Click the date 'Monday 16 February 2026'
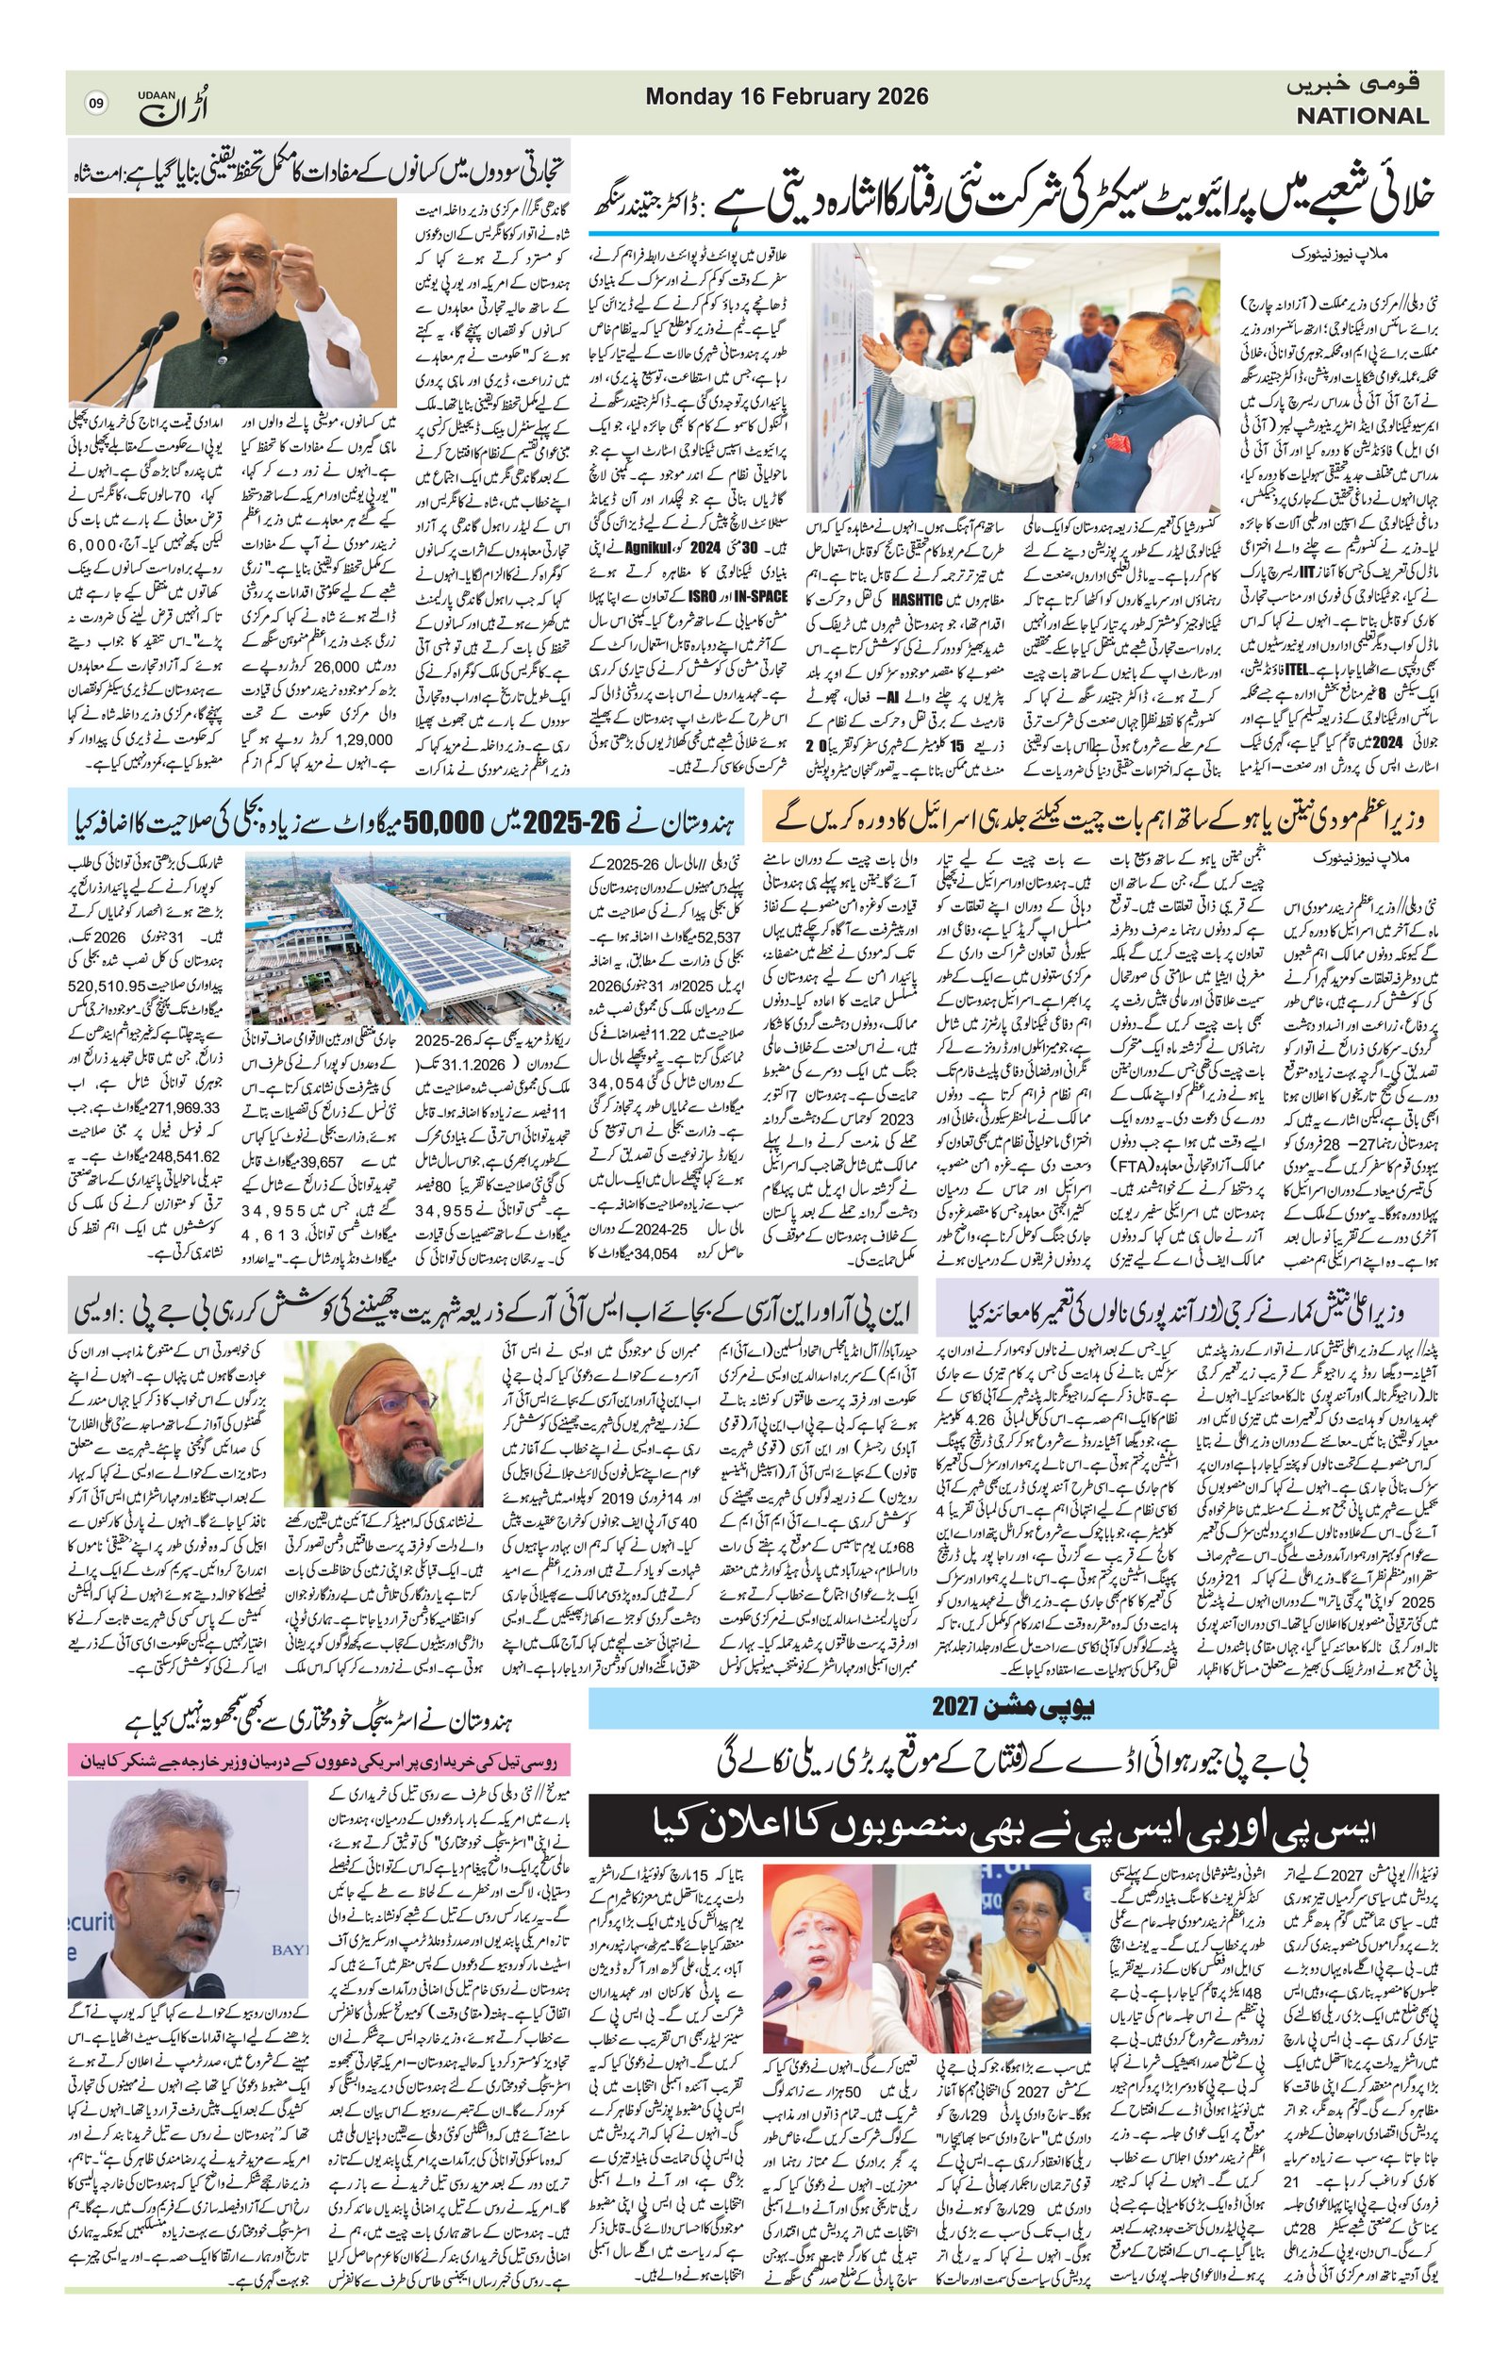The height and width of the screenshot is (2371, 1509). (x=787, y=96)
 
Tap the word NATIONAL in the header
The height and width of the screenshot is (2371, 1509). (x=1362, y=115)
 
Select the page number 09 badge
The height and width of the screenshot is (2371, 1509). (x=96, y=102)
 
